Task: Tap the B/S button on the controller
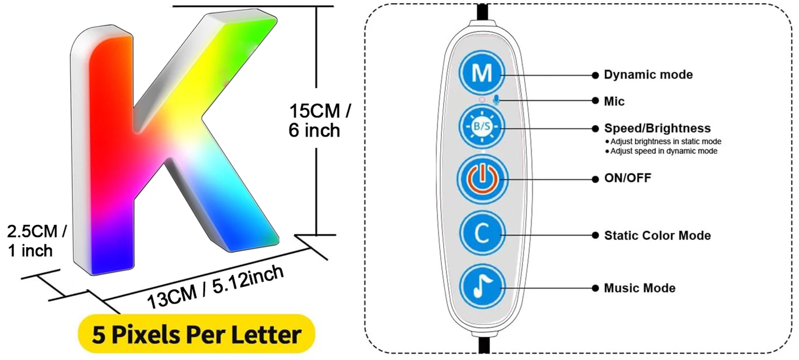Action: [482, 127]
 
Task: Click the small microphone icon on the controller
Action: [496, 100]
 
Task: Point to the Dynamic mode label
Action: [648, 75]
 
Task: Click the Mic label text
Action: [614, 101]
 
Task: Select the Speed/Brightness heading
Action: [657, 128]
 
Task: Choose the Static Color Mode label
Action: [657, 235]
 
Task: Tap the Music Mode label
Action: [639, 288]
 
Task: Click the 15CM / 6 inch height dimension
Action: [320, 121]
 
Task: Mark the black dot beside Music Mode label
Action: [594, 288]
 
